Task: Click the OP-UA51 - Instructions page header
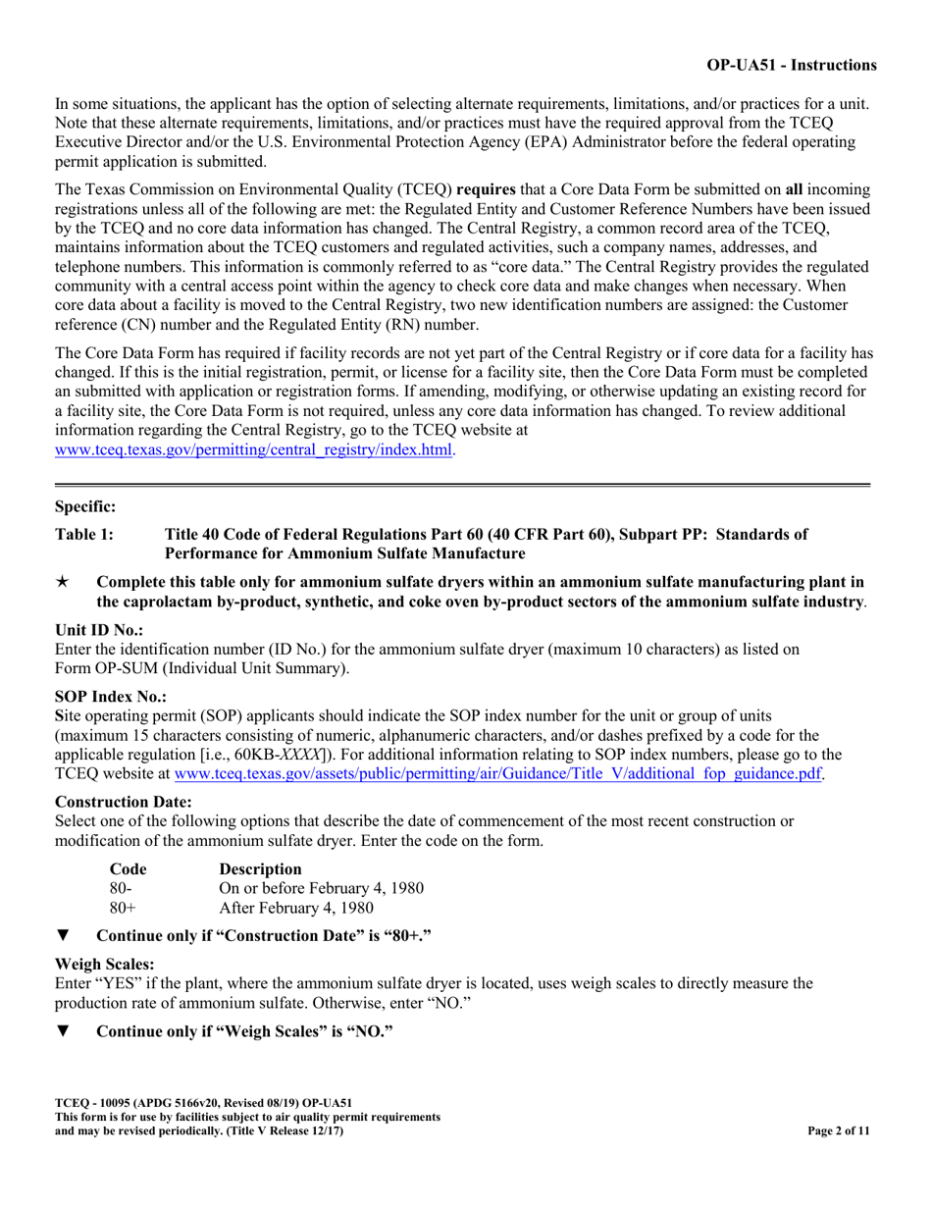tap(792, 66)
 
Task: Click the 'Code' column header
tap(129, 868)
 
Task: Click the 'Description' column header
tap(260, 868)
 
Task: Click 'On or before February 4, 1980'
tap(321, 888)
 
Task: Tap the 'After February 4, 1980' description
tap(297, 908)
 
